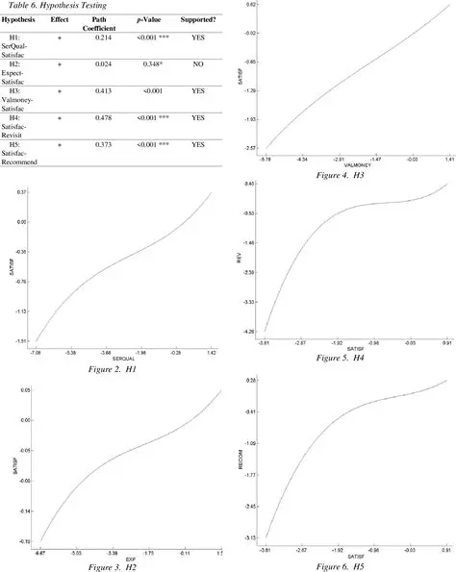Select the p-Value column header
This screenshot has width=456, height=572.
[x=154, y=20]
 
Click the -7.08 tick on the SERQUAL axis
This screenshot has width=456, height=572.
[x=37, y=353]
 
